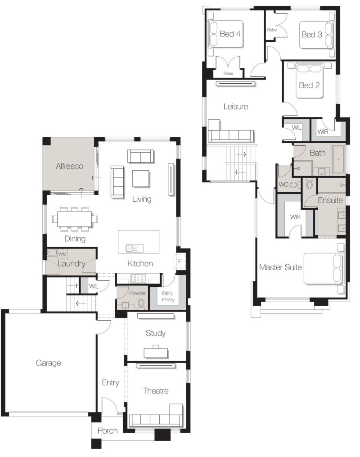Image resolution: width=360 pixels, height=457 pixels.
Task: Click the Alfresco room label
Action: point(69,166)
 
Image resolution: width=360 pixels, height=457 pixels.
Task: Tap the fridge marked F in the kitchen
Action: point(180,261)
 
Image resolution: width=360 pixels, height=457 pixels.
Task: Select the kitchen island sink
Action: point(134,249)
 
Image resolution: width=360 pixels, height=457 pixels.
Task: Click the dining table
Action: point(75,219)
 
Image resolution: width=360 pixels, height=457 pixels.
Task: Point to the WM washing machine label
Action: point(63,254)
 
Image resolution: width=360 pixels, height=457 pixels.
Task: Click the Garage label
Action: point(48,363)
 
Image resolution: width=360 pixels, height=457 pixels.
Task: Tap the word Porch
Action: point(108,431)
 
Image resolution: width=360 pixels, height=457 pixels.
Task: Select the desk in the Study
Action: point(156,353)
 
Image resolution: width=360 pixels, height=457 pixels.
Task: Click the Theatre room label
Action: point(156,390)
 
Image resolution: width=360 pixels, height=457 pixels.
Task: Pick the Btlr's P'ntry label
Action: point(168,296)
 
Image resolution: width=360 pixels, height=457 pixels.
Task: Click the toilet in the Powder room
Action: point(141,303)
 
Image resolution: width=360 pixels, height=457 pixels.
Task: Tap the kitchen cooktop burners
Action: point(138,279)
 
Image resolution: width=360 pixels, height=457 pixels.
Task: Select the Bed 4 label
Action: point(230,34)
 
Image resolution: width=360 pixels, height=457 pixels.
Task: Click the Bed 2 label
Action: point(309,86)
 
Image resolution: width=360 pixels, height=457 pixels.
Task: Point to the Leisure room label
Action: point(236,106)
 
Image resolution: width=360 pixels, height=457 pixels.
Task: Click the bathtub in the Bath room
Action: point(338,159)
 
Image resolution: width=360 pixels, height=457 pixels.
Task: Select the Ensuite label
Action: point(330,200)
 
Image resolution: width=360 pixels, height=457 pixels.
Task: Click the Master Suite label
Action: point(280,267)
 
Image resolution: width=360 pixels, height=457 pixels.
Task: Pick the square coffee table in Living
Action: point(141,178)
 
